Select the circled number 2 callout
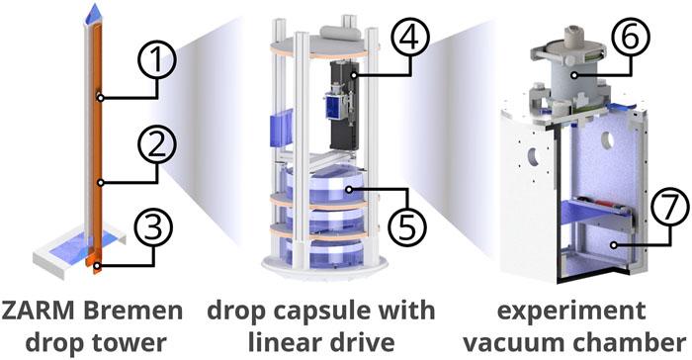pyautogui.click(x=156, y=145)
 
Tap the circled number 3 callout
pyautogui.click(x=153, y=229)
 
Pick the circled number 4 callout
pyautogui.click(x=409, y=39)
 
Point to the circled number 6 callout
pyautogui.click(x=630, y=37)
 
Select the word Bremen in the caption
pyautogui.click(x=132, y=311)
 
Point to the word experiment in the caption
pyautogui.click(x=571, y=312)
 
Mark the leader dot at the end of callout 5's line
pyautogui.click(x=349, y=190)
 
